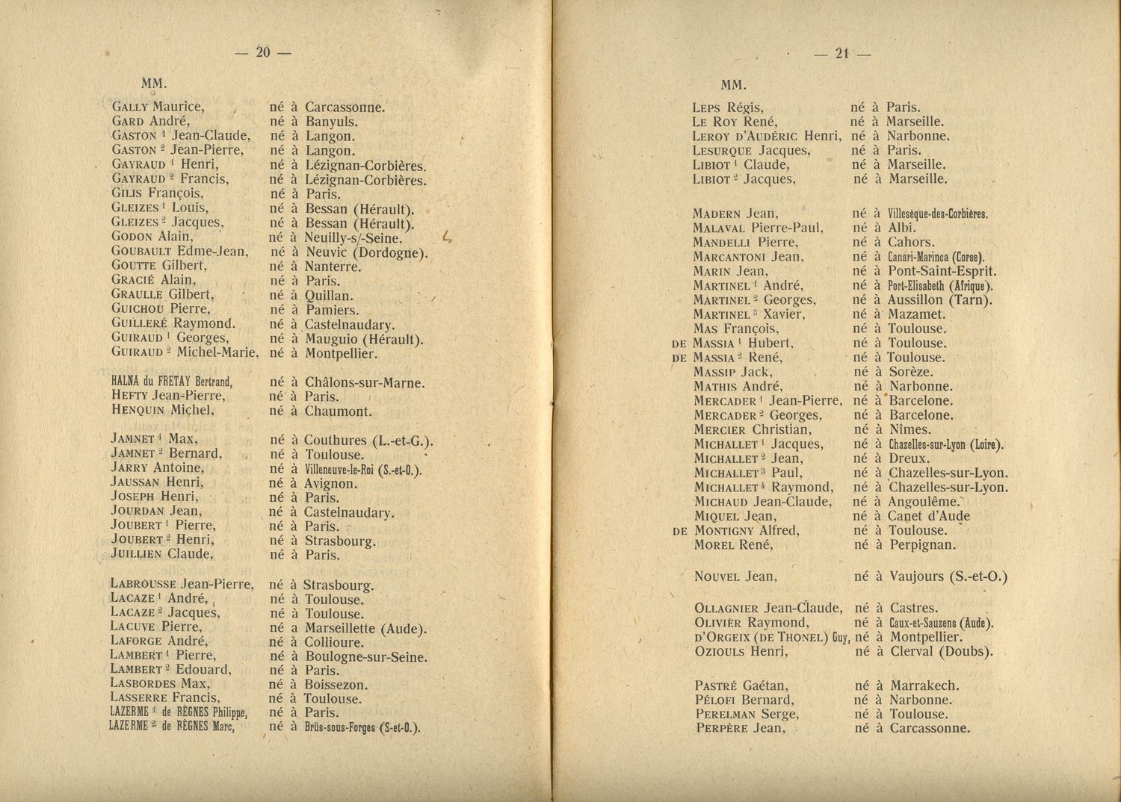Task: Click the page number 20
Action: tap(262, 52)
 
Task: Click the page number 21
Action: tap(842, 53)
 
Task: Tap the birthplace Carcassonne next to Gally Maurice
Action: tap(345, 107)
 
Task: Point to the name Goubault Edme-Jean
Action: tap(179, 252)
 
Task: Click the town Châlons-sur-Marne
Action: tap(365, 383)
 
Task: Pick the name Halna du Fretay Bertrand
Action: tap(172, 382)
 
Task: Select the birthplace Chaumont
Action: tap(338, 411)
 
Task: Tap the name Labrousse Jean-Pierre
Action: tap(182, 584)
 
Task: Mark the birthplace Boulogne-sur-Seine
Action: tap(365, 657)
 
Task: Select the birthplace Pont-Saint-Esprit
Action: tap(942, 272)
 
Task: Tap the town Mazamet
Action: tap(917, 314)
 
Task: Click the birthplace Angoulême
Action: tap(924, 502)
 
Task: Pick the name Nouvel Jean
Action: tap(735, 576)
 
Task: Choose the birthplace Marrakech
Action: tap(924, 686)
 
